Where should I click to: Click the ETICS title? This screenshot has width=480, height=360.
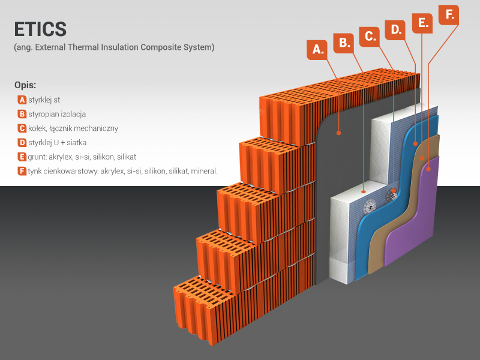pyautogui.click(x=40, y=29)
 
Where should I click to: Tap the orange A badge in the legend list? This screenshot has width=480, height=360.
pyautogui.click(x=22, y=100)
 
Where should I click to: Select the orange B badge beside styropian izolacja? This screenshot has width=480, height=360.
pyautogui.click(x=22, y=114)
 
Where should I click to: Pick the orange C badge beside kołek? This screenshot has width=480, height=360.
pyautogui.click(x=22, y=128)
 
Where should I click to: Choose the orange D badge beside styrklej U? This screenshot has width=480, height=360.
pyautogui.click(x=22, y=143)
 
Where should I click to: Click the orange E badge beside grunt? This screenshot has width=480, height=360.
pyautogui.click(x=22, y=157)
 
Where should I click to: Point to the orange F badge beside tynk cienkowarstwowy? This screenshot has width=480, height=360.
pyautogui.click(x=22, y=171)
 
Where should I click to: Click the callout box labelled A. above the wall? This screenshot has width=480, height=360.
pyautogui.click(x=319, y=50)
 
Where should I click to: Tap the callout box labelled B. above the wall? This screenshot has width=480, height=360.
pyautogui.click(x=344, y=42)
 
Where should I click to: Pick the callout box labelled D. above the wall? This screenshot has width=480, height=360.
pyautogui.click(x=396, y=29)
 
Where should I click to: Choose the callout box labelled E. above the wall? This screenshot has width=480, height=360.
pyautogui.click(x=423, y=22)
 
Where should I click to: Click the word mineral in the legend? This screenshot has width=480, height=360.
pyautogui.click(x=204, y=171)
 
